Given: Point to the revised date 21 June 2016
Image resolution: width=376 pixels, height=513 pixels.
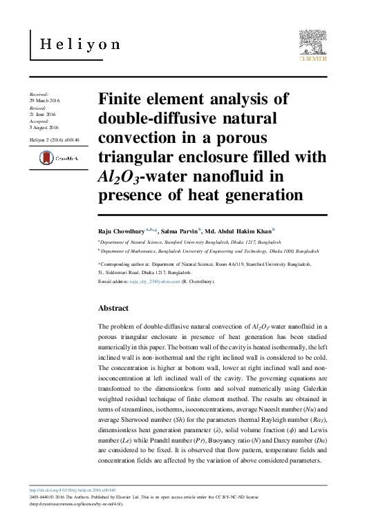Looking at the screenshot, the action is coord(42,115).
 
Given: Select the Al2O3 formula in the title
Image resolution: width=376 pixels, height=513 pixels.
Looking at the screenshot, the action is coord(120,177).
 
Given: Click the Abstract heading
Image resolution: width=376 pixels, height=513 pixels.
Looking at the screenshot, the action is coord(113,307).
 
